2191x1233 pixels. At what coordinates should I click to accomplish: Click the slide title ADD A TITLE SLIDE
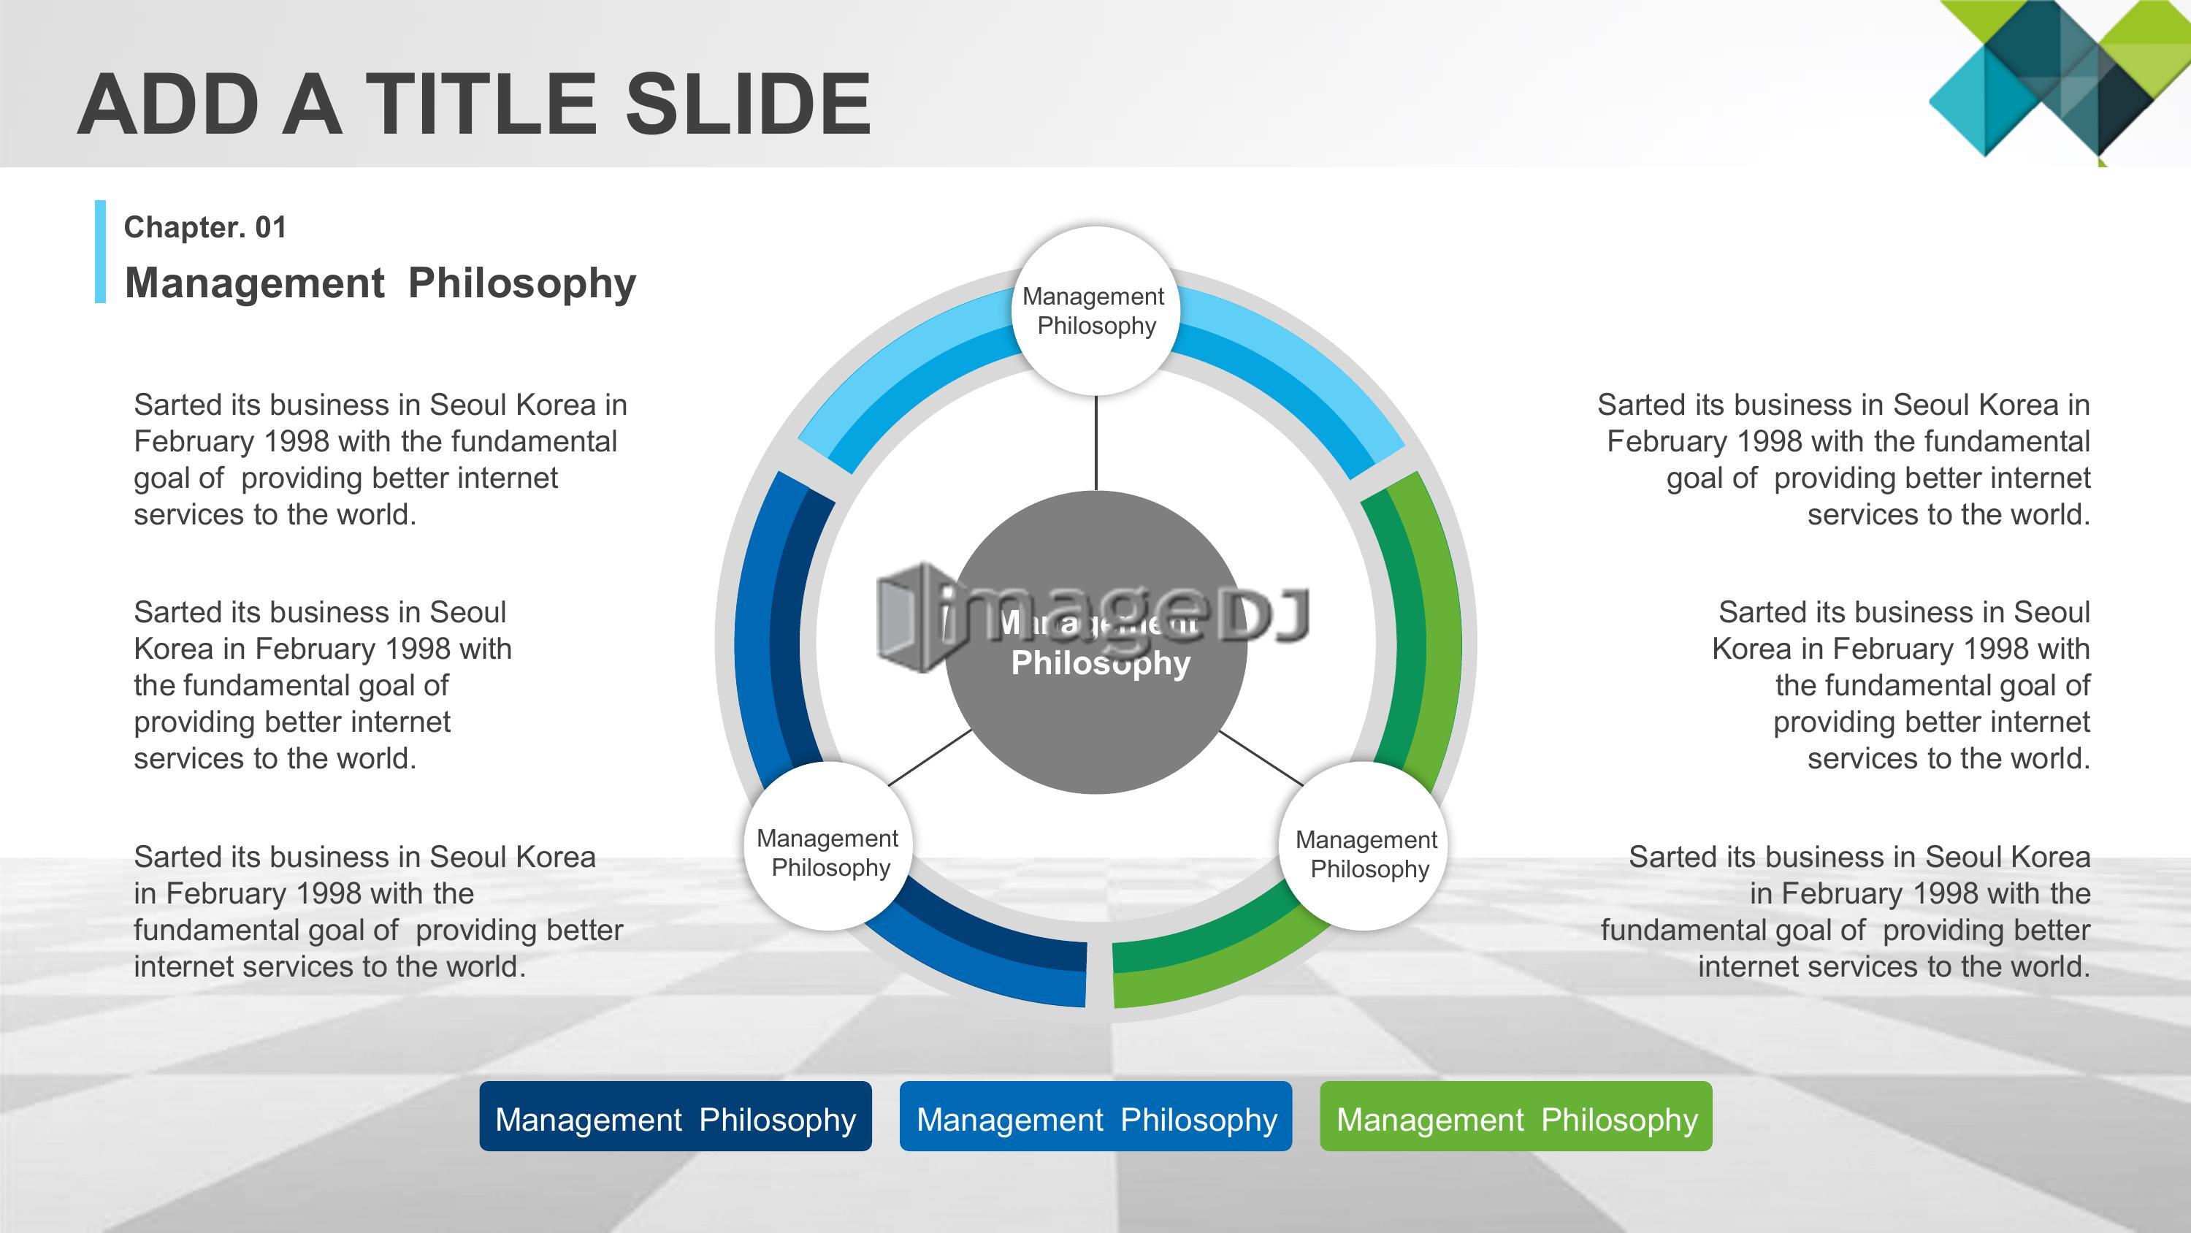coord(475,104)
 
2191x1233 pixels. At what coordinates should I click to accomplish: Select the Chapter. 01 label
coord(205,227)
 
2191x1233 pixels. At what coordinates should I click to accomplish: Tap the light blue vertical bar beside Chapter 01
coord(100,251)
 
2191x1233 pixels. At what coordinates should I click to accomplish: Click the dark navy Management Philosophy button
coord(676,1116)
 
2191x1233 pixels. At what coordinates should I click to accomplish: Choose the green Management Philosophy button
coord(1515,1116)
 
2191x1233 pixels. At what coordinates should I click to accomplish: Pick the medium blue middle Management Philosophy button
coord(1095,1116)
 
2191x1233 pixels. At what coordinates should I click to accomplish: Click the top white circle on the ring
coord(1095,310)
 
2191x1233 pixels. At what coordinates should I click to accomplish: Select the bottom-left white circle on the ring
coord(827,846)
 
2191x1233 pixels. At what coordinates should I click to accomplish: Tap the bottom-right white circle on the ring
coord(1364,846)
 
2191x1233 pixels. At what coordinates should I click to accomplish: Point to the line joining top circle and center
coord(1095,443)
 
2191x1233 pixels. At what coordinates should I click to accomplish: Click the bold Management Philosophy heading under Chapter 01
coord(381,283)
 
